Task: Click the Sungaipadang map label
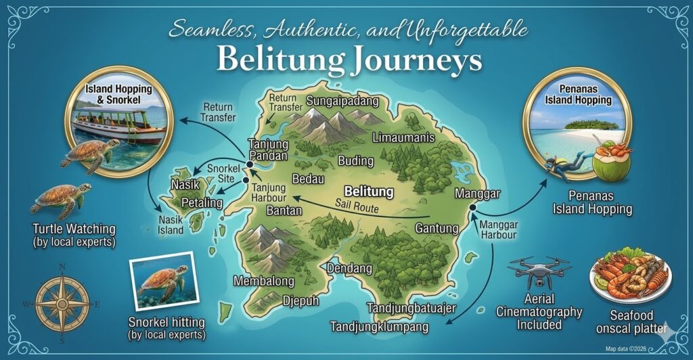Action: click(x=342, y=101)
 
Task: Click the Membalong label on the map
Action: click(x=264, y=281)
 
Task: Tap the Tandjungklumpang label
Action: click(x=380, y=328)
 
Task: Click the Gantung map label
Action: click(x=437, y=228)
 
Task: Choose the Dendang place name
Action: click(x=349, y=269)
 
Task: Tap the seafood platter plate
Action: click(x=629, y=277)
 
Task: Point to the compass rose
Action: click(x=62, y=304)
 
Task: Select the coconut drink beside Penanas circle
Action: click(x=612, y=162)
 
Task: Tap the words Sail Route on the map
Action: click(x=356, y=208)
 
